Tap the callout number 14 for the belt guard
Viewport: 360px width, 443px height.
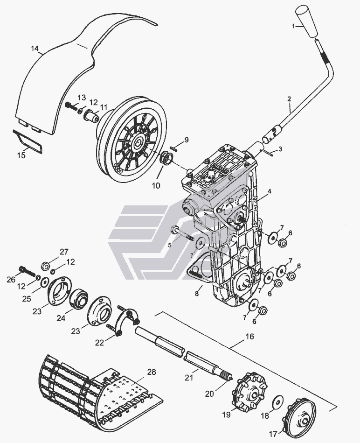tap(34, 49)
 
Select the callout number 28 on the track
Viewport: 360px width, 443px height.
tap(151, 372)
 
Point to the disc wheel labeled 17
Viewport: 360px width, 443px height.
tap(303, 416)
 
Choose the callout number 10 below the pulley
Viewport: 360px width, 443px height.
tap(155, 185)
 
